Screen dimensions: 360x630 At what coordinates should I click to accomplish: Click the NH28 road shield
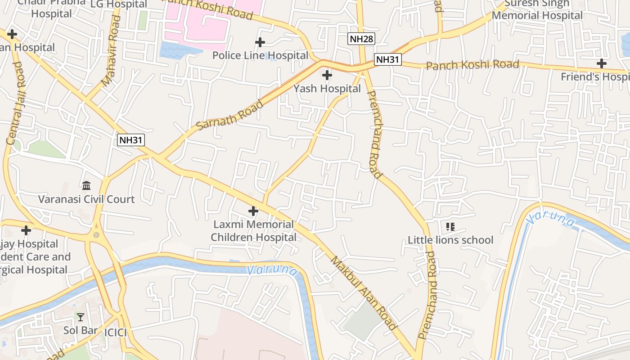(361, 39)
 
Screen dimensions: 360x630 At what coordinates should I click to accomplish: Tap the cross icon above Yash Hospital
(327, 75)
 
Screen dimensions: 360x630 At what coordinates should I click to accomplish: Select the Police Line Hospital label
(260, 55)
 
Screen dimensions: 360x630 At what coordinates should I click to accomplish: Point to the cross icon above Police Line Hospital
(260, 42)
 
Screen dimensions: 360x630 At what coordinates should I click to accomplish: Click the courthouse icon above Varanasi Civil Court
(86, 185)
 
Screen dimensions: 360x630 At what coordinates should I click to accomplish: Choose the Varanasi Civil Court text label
(86, 199)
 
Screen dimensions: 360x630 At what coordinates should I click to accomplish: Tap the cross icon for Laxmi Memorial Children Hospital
(253, 211)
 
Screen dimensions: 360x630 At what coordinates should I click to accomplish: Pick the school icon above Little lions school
(450, 226)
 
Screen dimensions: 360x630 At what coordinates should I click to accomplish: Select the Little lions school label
(450, 240)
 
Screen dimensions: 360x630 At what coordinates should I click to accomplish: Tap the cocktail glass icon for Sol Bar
(81, 317)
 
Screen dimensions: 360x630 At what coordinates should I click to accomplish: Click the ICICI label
(115, 333)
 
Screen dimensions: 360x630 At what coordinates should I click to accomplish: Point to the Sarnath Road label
(230, 115)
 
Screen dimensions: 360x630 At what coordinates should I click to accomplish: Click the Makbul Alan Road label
(364, 292)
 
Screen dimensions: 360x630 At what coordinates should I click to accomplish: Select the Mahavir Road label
(112, 51)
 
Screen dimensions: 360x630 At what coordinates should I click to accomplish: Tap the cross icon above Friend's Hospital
(601, 63)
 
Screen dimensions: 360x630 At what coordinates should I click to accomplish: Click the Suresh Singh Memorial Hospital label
(537, 9)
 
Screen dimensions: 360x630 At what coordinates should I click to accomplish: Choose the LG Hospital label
(119, 4)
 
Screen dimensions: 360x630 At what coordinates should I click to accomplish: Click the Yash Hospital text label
(327, 89)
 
